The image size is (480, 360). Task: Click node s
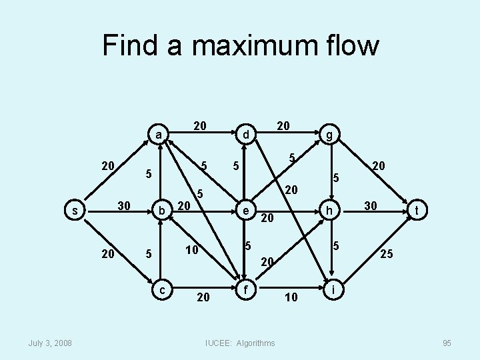pos(74,211)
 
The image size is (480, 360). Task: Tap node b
pos(160,211)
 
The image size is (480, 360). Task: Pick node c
pos(160,289)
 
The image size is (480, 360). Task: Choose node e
pos(246,211)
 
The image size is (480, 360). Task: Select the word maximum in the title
pos(253,45)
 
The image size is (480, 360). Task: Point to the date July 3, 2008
pos(51,343)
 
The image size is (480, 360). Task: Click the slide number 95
pos(446,343)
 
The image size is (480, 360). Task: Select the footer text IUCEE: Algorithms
pos(241,343)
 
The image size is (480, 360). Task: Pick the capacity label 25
pos(386,253)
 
